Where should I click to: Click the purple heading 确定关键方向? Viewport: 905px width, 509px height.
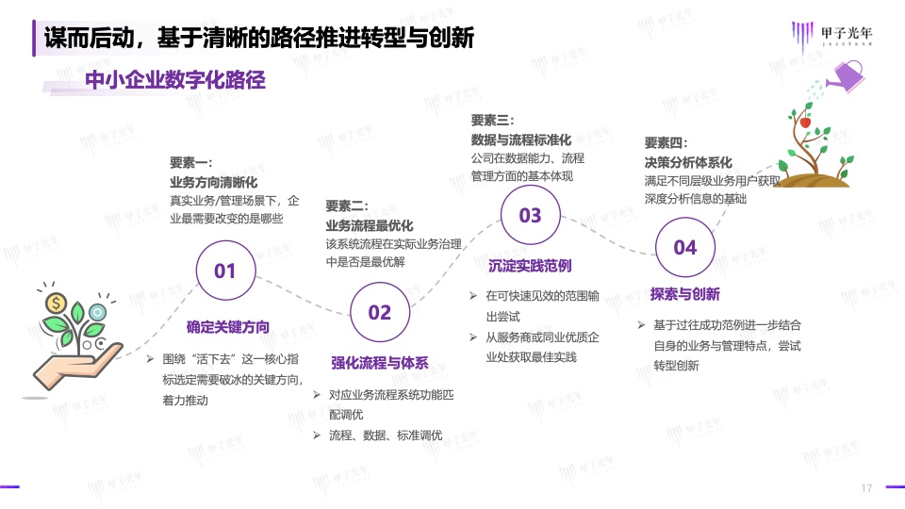coord(228,327)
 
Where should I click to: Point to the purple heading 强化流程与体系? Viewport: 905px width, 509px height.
coord(380,363)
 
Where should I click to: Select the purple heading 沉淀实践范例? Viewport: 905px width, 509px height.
coord(530,266)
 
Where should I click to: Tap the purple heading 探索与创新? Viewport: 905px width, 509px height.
coord(685,294)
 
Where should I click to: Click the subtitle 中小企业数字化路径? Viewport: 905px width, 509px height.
coord(175,79)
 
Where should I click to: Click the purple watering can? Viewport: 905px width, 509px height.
coord(846,76)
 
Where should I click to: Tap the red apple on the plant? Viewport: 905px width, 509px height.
coord(805,123)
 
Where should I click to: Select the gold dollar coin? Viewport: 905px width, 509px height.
coord(56,303)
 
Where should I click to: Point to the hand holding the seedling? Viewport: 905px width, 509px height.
coord(78,365)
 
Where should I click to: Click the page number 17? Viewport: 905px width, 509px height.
coord(866,488)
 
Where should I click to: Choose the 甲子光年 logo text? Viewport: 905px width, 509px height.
coord(847,34)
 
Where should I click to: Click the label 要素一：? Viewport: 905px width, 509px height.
coord(191,163)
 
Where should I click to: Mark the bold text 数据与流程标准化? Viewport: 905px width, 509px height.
coord(521,140)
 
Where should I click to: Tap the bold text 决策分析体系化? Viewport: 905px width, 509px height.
coord(688,162)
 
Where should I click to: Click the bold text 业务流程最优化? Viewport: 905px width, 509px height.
coord(370,225)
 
